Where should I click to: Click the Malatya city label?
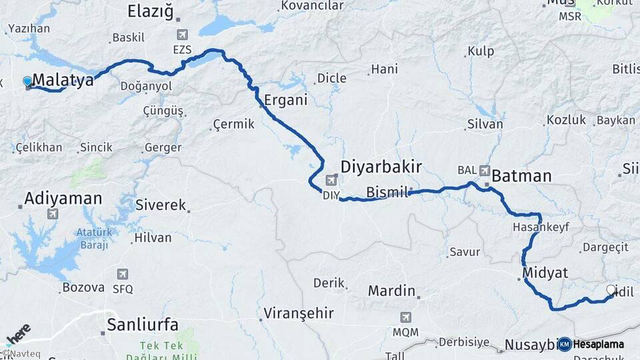pos(63,81)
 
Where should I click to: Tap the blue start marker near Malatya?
pos(27,81)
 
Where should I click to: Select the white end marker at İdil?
pos(611,290)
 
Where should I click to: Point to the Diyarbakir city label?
pos(381,166)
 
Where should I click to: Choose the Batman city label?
pos(522,176)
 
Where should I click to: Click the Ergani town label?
pos(286,101)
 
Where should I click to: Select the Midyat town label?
pos(545,273)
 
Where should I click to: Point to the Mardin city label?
pos(392,291)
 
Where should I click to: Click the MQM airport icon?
pos(406,317)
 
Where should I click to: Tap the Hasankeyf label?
pos(541,227)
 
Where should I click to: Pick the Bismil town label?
pos(387,193)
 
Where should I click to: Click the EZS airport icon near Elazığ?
pos(182,35)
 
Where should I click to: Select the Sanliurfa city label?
pos(143,325)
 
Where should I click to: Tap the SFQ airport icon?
pos(123,274)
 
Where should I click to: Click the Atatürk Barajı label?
pos(92,239)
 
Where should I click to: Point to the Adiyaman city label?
pos(63,198)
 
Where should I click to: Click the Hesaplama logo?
pos(591,344)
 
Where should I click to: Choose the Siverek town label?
pos(161,205)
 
